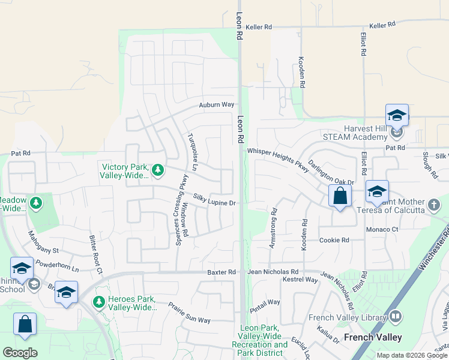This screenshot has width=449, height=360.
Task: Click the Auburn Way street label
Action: pyautogui.click(x=217, y=104)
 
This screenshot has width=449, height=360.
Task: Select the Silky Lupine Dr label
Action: pyautogui.click(x=214, y=200)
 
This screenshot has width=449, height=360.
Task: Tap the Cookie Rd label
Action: pyautogui.click(x=334, y=240)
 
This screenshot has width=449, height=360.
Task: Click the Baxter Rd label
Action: pyautogui.click(x=221, y=272)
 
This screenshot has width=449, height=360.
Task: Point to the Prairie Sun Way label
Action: pyautogui.click(x=189, y=313)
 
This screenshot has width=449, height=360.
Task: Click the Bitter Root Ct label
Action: pyautogui.click(x=96, y=254)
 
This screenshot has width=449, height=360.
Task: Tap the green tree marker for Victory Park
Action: pyautogui.click(x=158, y=170)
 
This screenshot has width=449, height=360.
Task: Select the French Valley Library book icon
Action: pyautogui.click(x=396, y=316)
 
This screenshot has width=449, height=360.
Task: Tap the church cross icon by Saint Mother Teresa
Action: pyautogui.click(x=434, y=206)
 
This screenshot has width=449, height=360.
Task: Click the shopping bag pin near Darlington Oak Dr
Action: pyautogui.click(x=340, y=196)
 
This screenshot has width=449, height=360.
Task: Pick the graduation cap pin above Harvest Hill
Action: pyautogui.click(x=397, y=115)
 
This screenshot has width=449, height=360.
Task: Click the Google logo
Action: pyautogui.click(x=20, y=353)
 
